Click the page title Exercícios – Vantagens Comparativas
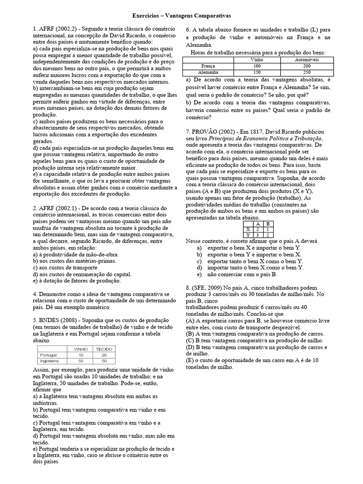coord(181,16)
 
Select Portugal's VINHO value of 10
coord(81,354)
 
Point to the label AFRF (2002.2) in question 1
coord(57,29)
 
